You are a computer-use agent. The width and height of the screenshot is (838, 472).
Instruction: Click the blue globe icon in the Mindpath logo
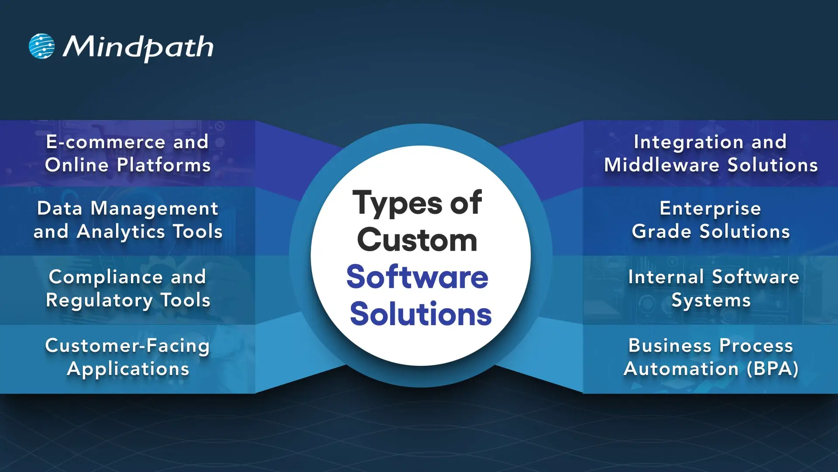(41, 46)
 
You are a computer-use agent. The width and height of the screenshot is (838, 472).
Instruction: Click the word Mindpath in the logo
(138, 47)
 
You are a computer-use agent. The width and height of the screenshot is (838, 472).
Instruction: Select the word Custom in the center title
(417, 240)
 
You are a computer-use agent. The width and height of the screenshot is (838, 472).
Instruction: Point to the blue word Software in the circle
(417, 277)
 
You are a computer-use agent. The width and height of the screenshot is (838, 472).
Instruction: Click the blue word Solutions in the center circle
(420, 314)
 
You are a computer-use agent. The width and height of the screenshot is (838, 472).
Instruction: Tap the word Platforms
(164, 165)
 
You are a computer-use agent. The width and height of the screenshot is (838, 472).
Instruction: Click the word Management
(154, 208)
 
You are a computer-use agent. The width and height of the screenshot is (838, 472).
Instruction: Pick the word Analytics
(120, 232)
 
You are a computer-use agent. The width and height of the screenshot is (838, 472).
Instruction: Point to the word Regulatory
(99, 301)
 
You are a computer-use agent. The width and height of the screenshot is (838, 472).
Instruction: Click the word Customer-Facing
(127, 346)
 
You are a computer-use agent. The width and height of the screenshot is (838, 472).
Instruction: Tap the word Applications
(128, 369)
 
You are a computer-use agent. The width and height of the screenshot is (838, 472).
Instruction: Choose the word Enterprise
(710, 208)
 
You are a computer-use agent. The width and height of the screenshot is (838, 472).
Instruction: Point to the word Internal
(666, 277)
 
